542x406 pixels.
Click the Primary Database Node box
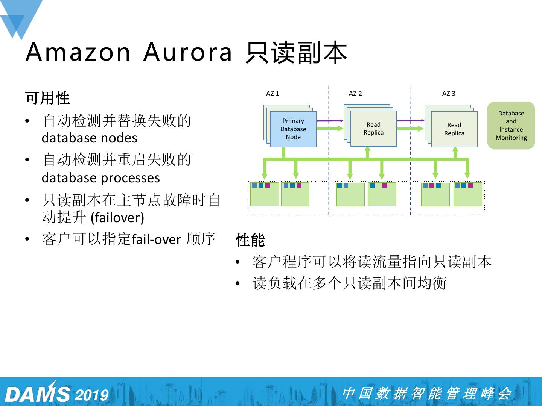pos(293,129)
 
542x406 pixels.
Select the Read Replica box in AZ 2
pos(373,129)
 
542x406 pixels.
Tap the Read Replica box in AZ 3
pos(454,129)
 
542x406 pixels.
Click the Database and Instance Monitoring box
pos(511,126)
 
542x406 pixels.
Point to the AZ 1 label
pos(273,94)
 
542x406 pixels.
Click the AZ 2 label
pos(355,94)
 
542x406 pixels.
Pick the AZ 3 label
pos(448,94)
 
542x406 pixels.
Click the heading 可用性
pos(48,98)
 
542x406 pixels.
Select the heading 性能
pos(250,240)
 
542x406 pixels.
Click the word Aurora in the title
pos(188,52)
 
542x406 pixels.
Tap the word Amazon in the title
pos(78,52)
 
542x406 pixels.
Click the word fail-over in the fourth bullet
pos(157,239)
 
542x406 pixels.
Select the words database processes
pos(100,178)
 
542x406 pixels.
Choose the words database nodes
pos(89,138)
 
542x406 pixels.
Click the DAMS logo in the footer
pos(38,394)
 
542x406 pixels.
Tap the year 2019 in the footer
pos(91,395)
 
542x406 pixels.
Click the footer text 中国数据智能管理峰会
pos(427,393)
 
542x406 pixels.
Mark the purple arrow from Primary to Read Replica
pos(330,121)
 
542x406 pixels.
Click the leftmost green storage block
pos(264,194)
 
